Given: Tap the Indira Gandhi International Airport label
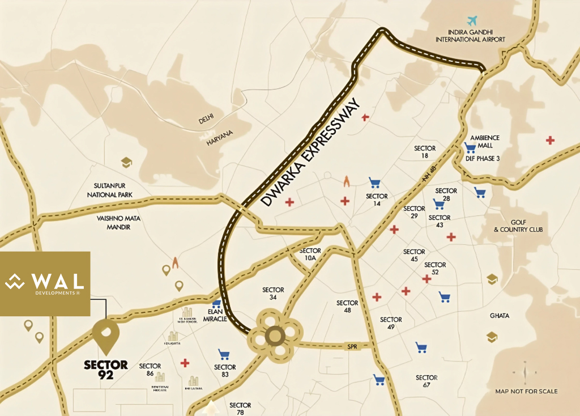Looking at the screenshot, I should [470, 36].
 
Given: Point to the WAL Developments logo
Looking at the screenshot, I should [45, 283].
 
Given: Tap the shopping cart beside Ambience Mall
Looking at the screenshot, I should [470, 148].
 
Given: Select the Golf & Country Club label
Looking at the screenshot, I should [518, 226].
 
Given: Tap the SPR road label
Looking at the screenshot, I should [352, 345].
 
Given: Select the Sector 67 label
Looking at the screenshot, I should [427, 381].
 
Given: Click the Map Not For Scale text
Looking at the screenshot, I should [526, 391].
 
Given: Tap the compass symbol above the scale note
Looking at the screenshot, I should [524, 372].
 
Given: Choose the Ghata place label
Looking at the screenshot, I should [500, 316].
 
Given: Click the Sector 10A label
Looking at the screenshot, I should [310, 254].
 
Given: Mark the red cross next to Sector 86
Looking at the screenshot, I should [184, 363].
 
